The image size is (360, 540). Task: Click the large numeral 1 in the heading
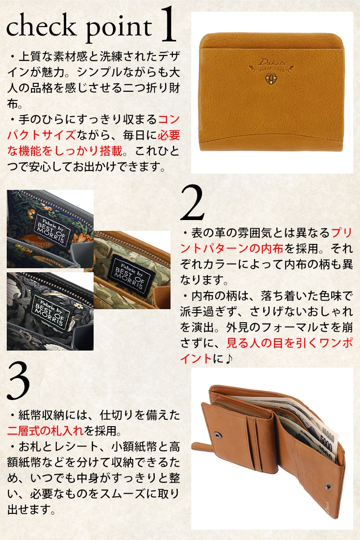168,24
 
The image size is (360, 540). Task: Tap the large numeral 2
192,202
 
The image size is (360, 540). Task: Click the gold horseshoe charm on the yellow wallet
271,79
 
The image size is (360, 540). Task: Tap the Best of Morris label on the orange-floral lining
52,229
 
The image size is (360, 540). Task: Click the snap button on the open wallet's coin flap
217,434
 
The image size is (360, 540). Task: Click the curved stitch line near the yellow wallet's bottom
271,137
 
